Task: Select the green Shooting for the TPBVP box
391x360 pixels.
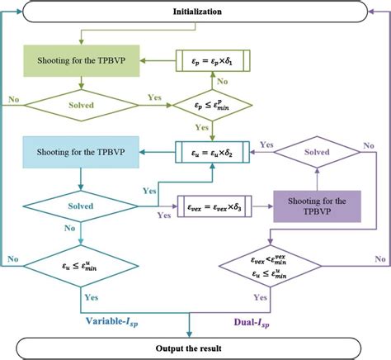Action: (80, 62)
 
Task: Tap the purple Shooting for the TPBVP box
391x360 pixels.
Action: (318, 206)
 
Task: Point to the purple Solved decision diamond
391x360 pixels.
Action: (318, 154)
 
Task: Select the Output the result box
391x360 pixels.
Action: (195, 343)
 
